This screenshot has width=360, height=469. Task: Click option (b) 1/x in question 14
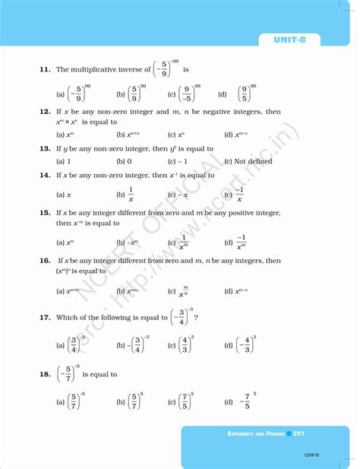click(127, 195)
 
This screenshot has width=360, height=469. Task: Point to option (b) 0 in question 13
click(124, 162)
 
